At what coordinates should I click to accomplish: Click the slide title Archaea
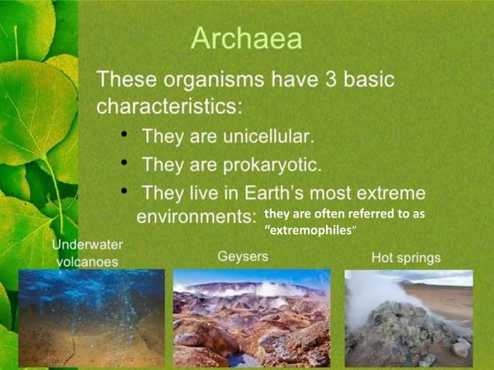[246, 39]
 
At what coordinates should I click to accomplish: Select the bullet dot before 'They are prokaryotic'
[125, 164]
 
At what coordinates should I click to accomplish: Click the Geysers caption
[243, 256]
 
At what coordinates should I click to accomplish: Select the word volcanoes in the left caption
[87, 262]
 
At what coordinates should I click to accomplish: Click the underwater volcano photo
[91, 317]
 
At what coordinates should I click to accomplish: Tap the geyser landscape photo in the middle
[251, 317]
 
